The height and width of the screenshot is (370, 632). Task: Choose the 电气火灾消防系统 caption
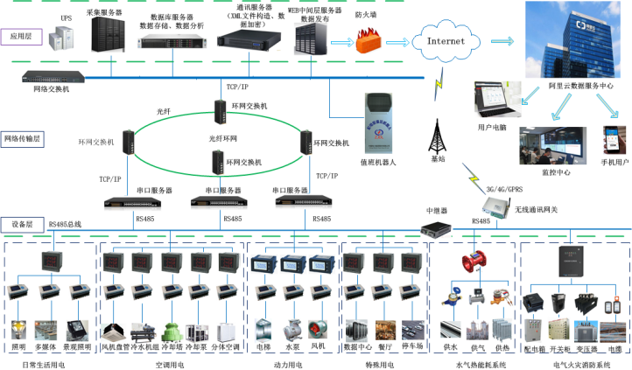(x=575, y=362)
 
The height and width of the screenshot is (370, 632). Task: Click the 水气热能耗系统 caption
(x=474, y=362)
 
